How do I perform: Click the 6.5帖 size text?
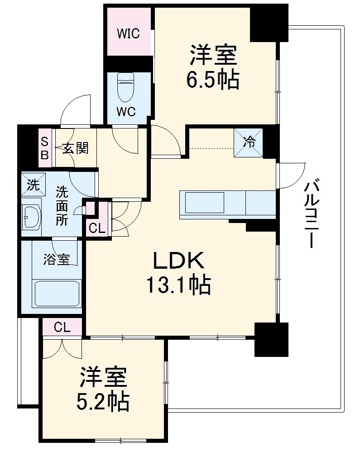pyautogui.click(x=213, y=80)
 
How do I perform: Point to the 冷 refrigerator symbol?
pyautogui.click(x=248, y=142)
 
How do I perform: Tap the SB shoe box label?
pyautogui.click(x=45, y=148)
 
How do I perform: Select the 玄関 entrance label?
pyautogui.click(x=75, y=148)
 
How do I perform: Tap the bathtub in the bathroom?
pyautogui.click(x=57, y=294)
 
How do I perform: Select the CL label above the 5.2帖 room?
pyautogui.click(x=62, y=328)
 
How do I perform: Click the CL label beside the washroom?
pyautogui.click(x=96, y=228)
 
